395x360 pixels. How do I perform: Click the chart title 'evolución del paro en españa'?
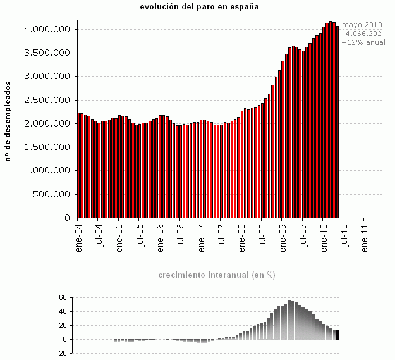pyautogui.click(x=200, y=6)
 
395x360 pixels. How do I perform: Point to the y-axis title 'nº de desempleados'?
pyautogui.click(x=8, y=121)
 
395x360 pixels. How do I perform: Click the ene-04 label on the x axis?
pyautogui.click(x=79, y=237)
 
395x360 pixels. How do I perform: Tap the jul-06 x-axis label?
pyautogui.click(x=181, y=237)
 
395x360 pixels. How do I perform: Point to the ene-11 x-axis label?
pyautogui.click(x=364, y=237)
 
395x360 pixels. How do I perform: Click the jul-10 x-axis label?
pyautogui.click(x=344, y=236)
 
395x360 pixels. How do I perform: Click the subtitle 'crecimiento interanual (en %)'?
pyautogui.click(x=216, y=275)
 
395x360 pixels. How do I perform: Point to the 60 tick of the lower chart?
pyautogui.click(x=62, y=297)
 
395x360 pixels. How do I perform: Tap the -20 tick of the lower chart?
pyautogui.click(x=61, y=354)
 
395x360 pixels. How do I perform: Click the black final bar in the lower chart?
pyautogui.click(x=338, y=335)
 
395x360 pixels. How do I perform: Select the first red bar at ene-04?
pyautogui.click(x=78, y=165)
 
